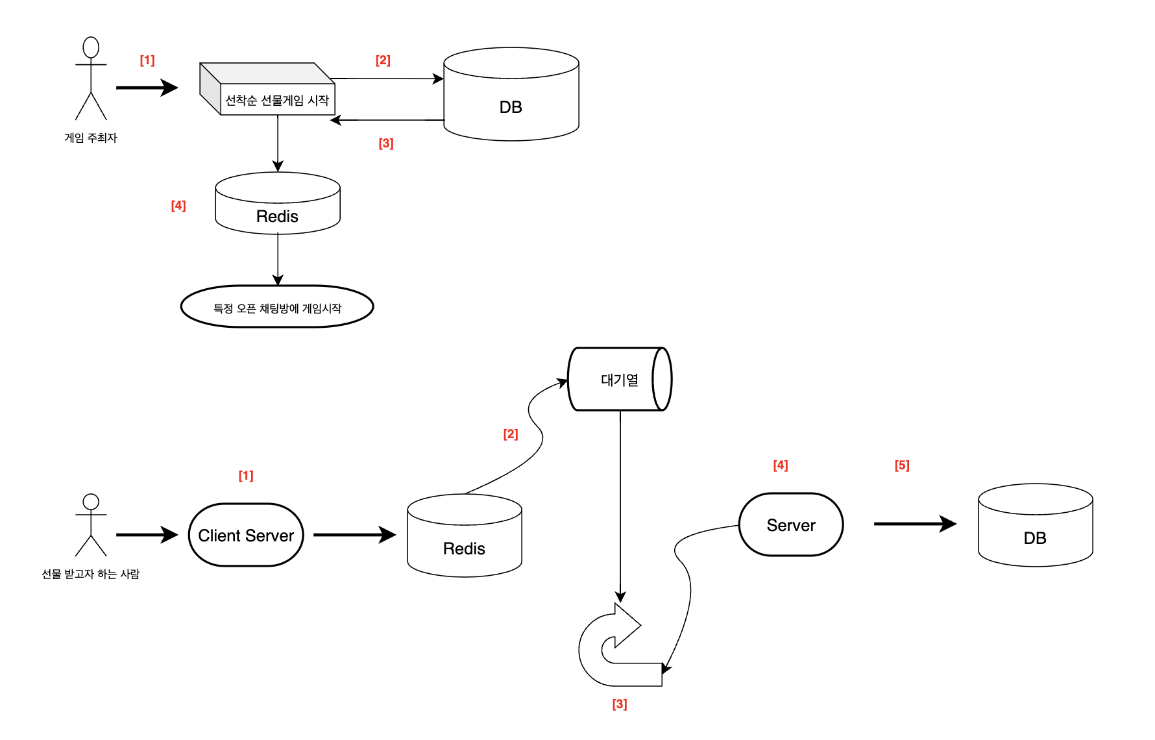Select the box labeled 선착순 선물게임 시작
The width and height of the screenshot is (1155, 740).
[x=276, y=99]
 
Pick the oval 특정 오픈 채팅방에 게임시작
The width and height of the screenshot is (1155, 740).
[x=277, y=307]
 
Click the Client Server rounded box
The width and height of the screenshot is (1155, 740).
[x=246, y=535]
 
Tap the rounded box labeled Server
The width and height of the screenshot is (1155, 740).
[x=790, y=524]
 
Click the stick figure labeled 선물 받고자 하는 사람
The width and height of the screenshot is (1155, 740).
[x=91, y=525]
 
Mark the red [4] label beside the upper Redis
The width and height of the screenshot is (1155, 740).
[x=178, y=206]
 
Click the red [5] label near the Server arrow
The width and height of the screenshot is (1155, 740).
[x=901, y=465]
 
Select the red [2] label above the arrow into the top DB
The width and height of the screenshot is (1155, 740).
[x=383, y=60]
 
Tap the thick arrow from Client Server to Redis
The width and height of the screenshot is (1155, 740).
[x=354, y=535]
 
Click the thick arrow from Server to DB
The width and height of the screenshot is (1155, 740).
[x=914, y=524]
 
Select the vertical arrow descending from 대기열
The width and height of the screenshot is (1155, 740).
[x=620, y=506]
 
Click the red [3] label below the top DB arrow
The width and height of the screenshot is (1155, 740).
[x=386, y=143]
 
